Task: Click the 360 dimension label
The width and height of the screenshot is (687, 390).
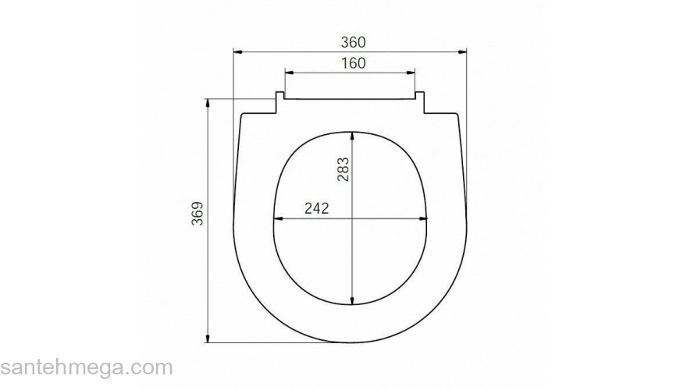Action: [353, 42]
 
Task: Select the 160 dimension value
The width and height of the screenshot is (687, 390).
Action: [353, 63]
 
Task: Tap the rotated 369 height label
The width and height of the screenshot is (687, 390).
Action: [198, 214]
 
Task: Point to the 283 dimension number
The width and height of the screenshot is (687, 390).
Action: [343, 169]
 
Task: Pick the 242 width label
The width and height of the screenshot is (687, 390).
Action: [316, 208]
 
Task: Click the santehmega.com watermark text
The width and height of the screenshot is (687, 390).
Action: [87, 367]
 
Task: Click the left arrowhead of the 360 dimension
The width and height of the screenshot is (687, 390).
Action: [238, 52]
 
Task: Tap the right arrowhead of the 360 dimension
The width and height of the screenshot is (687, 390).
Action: [462, 52]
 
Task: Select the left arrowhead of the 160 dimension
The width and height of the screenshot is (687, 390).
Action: [289, 73]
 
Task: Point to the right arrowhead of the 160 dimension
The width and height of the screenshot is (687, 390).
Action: [410, 73]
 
